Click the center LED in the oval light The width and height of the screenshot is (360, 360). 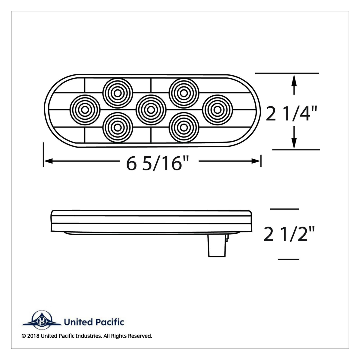click(151, 109)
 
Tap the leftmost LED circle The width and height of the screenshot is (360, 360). click(85, 109)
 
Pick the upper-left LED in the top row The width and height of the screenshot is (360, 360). click(118, 93)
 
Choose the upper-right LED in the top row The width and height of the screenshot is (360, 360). click(184, 93)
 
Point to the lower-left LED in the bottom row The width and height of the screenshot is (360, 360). click(118, 127)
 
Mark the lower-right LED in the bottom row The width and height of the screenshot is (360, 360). click(184, 127)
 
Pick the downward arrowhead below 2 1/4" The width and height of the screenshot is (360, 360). click(294, 142)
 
